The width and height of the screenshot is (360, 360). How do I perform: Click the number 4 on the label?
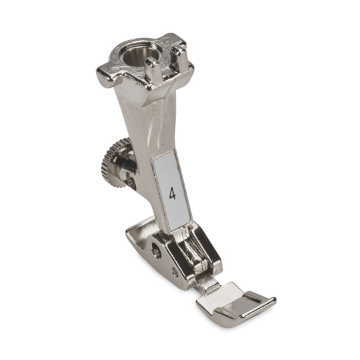coord(173,194)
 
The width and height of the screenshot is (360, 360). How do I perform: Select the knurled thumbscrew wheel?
coord(113,163)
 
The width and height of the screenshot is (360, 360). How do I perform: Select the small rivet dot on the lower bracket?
coord(175,272)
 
